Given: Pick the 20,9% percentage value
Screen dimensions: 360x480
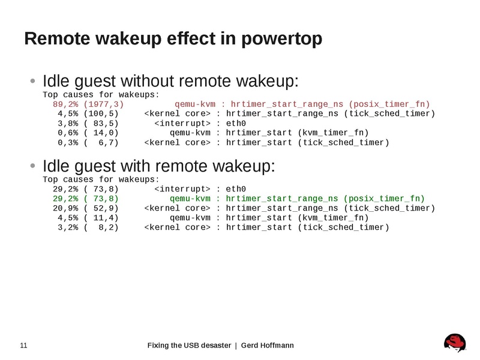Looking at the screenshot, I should pos(66,208).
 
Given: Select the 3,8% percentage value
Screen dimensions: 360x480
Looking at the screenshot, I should pos(68,124).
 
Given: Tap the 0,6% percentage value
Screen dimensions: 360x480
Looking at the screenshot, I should pos(68,133).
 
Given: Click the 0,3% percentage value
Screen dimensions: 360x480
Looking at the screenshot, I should pos(68,143).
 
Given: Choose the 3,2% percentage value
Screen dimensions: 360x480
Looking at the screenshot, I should pos(68,227).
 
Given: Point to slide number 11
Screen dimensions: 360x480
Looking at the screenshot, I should pos(24,346).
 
